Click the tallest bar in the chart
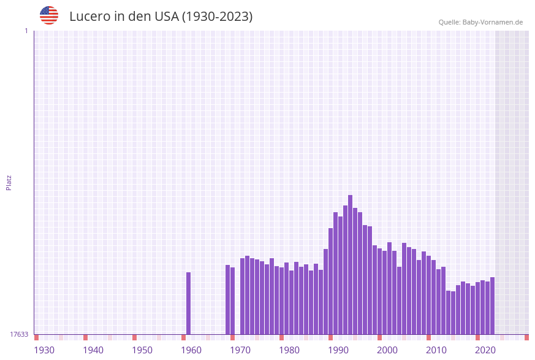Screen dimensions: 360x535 [x=350, y=264]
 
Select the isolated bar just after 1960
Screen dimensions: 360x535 [x=189, y=303]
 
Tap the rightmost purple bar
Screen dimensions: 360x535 [x=492, y=305]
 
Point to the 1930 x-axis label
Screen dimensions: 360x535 [x=44, y=350]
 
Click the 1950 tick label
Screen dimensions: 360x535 [x=142, y=350]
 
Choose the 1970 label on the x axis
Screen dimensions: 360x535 [x=240, y=350]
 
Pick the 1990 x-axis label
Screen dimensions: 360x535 [x=338, y=350]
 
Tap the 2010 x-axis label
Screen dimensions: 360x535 [x=436, y=350]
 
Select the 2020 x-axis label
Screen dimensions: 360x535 [x=485, y=350]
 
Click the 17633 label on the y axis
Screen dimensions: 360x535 [x=19, y=334]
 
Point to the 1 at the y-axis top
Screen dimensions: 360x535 [x=26, y=31]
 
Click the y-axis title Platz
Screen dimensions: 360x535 [x=9, y=182]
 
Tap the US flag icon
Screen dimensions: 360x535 [x=49, y=15]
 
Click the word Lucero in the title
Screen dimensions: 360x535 [x=89, y=17]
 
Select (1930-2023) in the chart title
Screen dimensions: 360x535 [x=218, y=17]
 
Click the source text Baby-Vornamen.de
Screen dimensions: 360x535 [x=493, y=22]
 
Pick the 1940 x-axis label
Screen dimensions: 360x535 [x=93, y=350]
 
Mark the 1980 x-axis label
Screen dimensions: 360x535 [x=289, y=350]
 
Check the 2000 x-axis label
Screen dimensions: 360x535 [x=387, y=350]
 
